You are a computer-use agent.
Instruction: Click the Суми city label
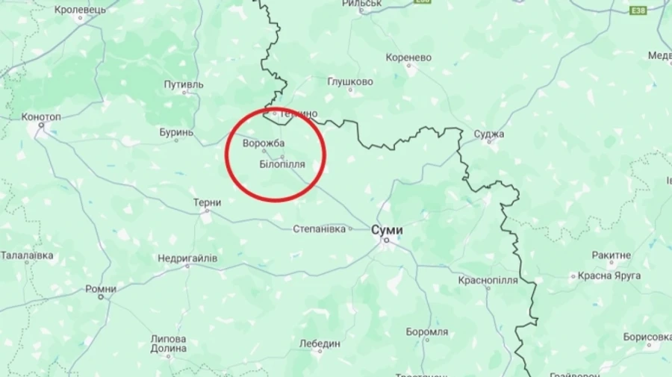[x=387, y=230]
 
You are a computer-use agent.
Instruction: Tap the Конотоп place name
[x=42, y=116]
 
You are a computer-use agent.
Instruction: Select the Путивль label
[x=184, y=84]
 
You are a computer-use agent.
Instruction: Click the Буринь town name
[x=176, y=132]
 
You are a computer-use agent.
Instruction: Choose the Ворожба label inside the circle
[x=264, y=143]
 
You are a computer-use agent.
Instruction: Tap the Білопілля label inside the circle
[x=283, y=163]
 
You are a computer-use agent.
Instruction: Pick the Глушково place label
[x=350, y=81]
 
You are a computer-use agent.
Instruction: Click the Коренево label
[x=409, y=57]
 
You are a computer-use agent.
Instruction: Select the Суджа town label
[x=489, y=134]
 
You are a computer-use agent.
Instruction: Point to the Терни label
[x=207, y=202]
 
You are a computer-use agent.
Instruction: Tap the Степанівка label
[x=320, y=228]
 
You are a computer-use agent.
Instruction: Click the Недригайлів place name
[x=187, y=258]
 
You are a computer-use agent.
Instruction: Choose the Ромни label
[x=101, y=288]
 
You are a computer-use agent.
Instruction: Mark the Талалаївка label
[x=27, y=255]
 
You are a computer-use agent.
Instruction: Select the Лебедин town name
[x=320, y=343]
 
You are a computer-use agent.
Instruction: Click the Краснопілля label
[x=488, y=279]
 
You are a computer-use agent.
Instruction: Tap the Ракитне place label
[x=612, y=255]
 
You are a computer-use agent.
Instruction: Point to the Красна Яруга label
[x=609, y=275]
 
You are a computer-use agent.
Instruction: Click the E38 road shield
[x=638, y=10]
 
